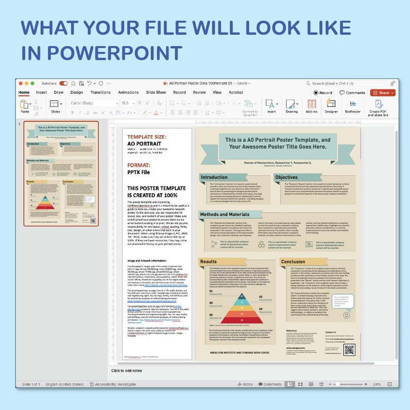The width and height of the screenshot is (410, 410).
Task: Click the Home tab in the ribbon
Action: [24, 92]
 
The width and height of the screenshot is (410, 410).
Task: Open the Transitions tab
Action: [100, 92]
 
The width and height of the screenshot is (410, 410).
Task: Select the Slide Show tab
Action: [156, 92]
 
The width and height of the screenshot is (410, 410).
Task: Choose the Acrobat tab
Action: [236, 92]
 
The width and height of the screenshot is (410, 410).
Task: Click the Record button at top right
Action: [323, 93]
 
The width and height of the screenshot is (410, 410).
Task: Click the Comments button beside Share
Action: [352, 93]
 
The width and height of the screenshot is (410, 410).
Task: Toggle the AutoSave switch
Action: [64, 83]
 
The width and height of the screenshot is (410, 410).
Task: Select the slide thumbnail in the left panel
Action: [61, 174]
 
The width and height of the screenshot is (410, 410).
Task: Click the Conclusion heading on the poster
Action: [293, 262]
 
